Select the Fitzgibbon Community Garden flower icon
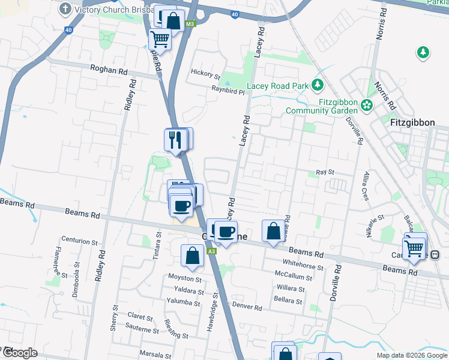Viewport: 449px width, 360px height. tap(367, 106)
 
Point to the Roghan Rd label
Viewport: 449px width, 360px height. tap(109, 70)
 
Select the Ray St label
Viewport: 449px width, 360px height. tap(325, 172)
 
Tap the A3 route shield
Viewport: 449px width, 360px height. tap(212, 251)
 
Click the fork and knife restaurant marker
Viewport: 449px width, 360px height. tap(175, 140)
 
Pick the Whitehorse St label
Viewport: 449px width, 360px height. tap(303, 268)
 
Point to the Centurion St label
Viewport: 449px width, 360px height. tap(79, 242)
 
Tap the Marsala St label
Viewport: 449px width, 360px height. tap(155, 353)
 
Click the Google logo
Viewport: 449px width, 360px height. tap(19, 353)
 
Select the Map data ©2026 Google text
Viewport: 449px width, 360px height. tap(411, 355)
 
